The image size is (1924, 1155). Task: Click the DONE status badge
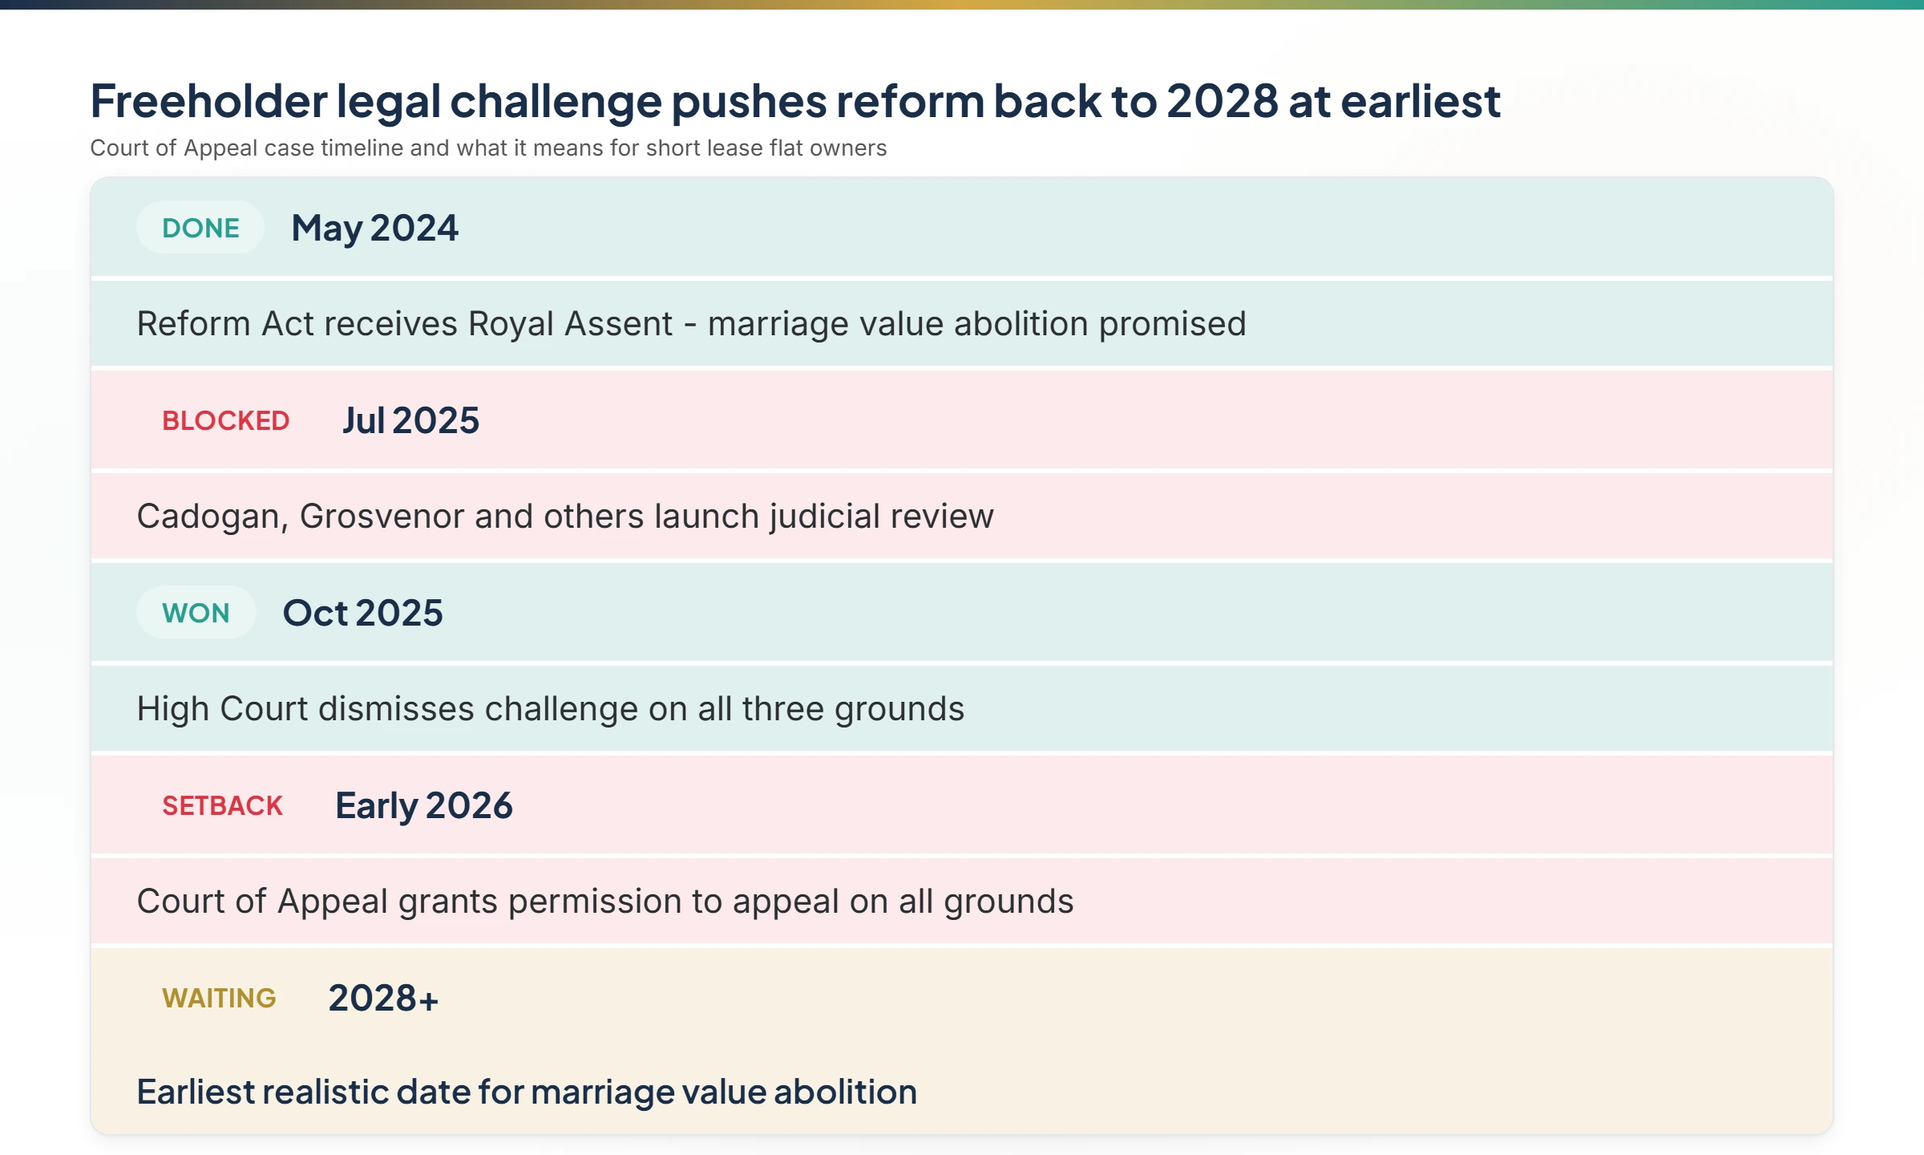click(200, 228)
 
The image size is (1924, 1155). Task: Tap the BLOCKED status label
click(225, 420)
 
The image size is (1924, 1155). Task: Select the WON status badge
click(196, 613)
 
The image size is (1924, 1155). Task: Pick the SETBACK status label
click(222, 805)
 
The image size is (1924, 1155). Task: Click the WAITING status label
click(219, 998)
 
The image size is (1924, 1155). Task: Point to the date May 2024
click(374, 228)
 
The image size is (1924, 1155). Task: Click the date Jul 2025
click(410, 420)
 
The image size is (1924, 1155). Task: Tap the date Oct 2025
click(362, 613)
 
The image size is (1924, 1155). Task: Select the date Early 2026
click(423, 805)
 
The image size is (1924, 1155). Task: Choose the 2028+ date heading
click(383, 998)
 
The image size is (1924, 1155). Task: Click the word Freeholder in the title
click(208, 101)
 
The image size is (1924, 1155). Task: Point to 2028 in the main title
click(1222, 101)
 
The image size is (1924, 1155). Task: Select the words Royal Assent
click(570, 324)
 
